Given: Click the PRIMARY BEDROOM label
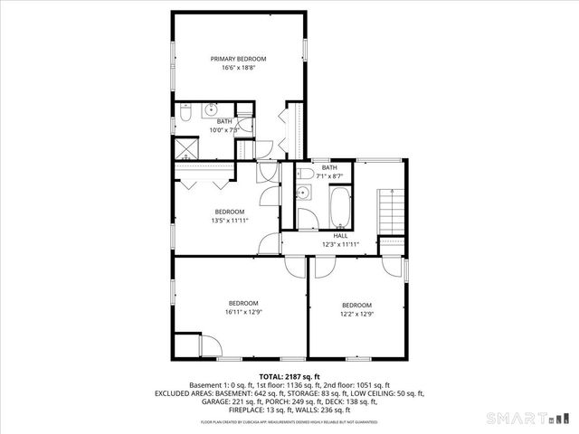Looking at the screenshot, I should pos(238,59).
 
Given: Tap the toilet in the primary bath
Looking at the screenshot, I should pos(185,114).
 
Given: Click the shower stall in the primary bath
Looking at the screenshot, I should pos(187,147).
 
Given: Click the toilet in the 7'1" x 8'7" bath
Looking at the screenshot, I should pos(305,175).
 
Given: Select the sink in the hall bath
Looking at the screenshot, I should pos(304,193).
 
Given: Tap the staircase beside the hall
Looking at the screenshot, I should pos(390,212).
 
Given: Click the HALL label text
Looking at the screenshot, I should pos(340,235).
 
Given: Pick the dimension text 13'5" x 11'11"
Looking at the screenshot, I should pos(230,220).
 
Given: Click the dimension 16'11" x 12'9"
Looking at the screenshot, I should pos(243,312).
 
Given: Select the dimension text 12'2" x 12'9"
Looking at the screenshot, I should pos(356,314).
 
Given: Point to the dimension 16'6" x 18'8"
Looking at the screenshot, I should pos(238,68).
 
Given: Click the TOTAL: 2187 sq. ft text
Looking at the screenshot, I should pos(289,376).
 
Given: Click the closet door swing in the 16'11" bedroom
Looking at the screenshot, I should pos(209,344).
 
